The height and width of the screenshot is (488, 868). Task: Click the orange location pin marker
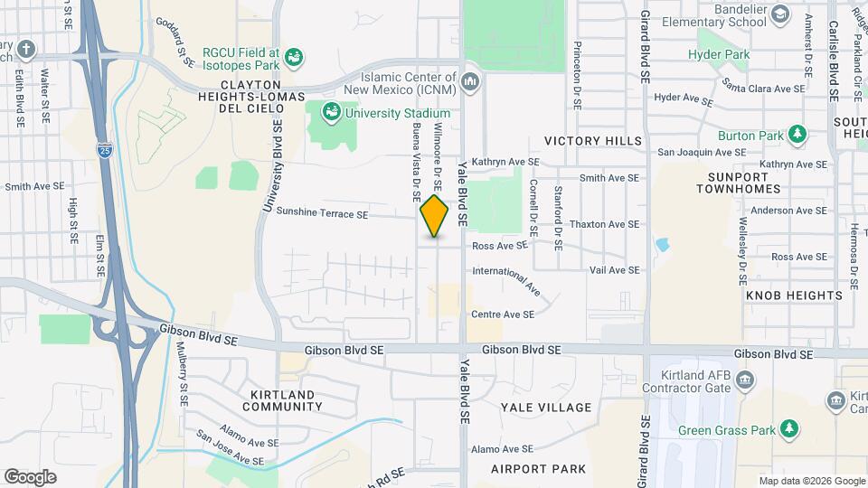[435, 216]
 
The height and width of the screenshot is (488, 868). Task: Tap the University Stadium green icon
[332, 112]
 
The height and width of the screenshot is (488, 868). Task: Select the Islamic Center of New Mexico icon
[469, 82]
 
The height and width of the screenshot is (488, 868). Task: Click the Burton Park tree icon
[797, 136]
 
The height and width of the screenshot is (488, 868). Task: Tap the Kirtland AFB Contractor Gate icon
[746, 380]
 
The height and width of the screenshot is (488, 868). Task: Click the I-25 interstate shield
[106, 149]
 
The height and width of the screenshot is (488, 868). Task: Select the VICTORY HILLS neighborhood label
[593, 141]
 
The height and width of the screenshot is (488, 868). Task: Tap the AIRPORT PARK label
[539, 468]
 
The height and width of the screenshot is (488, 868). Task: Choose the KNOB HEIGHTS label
[794, 296]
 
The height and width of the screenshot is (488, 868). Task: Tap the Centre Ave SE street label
[503, 314]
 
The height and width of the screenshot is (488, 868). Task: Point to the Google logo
[30, 476]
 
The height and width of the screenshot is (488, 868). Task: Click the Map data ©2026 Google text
[811, 481]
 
